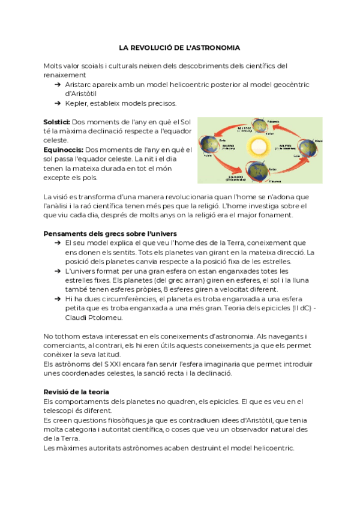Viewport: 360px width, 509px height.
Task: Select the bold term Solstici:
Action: (x=57, y=121)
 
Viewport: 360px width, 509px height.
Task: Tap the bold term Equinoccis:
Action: (x=64, y=149)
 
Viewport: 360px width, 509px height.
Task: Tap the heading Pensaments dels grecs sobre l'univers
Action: (x=110, y=233)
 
